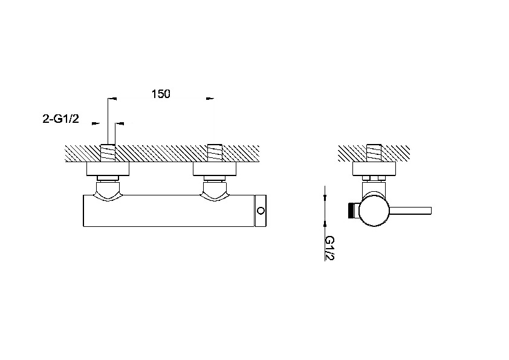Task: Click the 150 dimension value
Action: tap(161, 94)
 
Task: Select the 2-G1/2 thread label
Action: tap(60, 119)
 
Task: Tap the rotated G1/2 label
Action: tap(329, 248)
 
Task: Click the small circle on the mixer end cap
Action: tap(261, 211)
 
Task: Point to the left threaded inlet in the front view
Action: tap(108, 152)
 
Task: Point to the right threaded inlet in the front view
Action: tap(215, 152)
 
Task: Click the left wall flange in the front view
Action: tap(108, 169)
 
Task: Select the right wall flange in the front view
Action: tap(215, 169)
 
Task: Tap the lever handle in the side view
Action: tap(410, 211)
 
